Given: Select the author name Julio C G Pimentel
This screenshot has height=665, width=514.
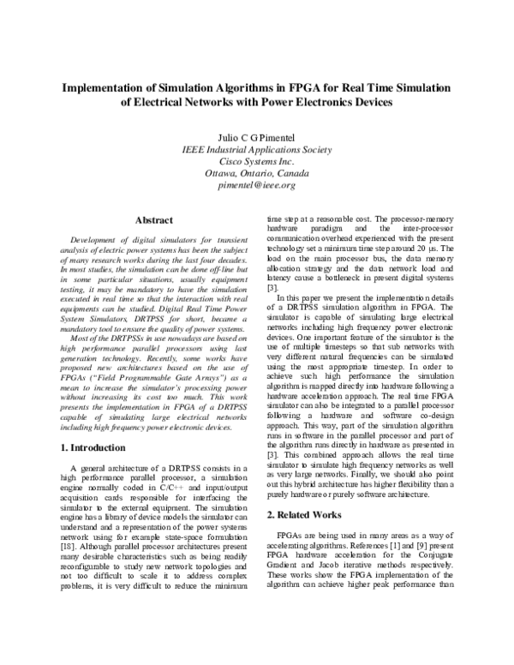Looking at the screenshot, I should tap(257, 135).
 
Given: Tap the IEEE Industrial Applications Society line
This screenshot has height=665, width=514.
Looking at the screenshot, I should tap(257, 148).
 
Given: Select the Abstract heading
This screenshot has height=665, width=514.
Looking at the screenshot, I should tap(153, 220).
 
